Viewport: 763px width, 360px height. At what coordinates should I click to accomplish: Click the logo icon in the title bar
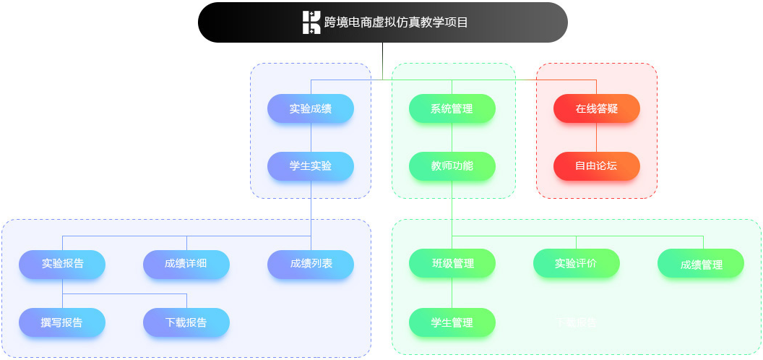(x=311, y=22)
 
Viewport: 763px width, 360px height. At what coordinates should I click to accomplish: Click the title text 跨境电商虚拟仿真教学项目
(x=396, y=22)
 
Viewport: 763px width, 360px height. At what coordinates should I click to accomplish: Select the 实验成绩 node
(x=311, y=108)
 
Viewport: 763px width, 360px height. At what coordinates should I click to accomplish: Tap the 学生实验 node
(x=311, y=166)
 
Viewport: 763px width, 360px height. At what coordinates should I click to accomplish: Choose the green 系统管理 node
(x=452, y=108)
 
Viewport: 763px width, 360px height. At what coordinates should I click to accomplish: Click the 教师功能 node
(x=452, y=166)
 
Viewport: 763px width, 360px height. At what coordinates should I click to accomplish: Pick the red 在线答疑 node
(x=597, y=108)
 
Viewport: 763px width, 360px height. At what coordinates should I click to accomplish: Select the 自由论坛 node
(x=597, y=166)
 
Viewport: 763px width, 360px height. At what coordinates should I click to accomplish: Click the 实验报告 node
(x=62, y=264)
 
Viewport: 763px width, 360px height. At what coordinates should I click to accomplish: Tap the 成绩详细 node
(x=186, y=264)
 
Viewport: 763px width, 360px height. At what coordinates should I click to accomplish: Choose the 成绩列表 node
(x=311, y=264)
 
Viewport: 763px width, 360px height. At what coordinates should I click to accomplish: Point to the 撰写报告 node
(x=62, y=322)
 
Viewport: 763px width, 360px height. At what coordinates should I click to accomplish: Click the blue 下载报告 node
(x=186, y=322)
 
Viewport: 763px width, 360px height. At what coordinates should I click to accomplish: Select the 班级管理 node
(x=452, y=264)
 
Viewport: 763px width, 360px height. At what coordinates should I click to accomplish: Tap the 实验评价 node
(x=576, y=264)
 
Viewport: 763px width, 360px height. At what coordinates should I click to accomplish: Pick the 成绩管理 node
(x=701, y=265)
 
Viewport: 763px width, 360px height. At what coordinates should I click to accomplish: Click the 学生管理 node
(x=452, y=322)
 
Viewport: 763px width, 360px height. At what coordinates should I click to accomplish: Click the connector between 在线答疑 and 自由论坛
(x=597, y=137)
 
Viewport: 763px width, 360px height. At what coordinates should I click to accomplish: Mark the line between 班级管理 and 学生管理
(x=452, y=293)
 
